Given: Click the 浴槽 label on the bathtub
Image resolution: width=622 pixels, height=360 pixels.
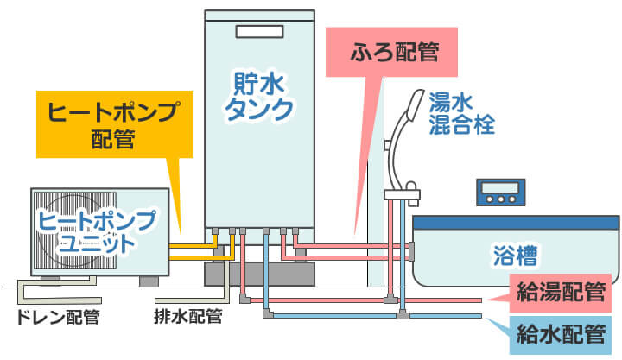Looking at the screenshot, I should tap(516, 256).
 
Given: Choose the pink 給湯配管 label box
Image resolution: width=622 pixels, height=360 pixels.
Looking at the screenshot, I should tap(560, 292).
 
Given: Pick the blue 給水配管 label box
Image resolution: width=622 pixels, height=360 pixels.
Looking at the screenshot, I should tap(560, 332).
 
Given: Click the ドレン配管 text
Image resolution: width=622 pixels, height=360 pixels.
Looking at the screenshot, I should tap(58, 316).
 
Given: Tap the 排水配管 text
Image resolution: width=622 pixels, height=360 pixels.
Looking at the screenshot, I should tap(188, 316).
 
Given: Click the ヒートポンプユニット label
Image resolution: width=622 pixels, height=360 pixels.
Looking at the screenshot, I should tap(97, 231).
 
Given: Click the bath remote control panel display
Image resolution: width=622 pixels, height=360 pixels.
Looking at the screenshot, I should tap(500, 186).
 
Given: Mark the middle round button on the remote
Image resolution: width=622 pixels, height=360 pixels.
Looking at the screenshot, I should tap(500, 199).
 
